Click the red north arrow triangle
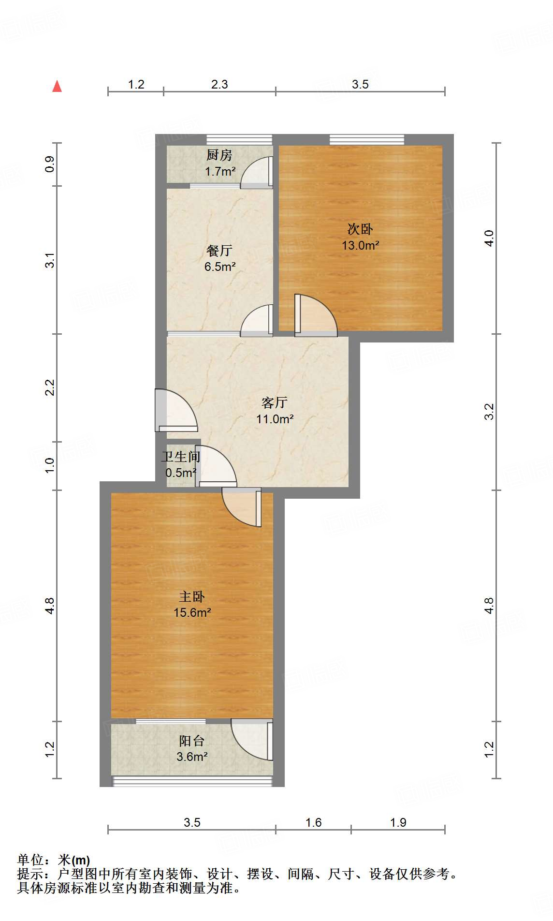[x=57, y=87]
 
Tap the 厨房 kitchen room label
[x=219, y=155]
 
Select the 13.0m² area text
[x=360, y=245]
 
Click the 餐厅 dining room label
[x=219, y=251]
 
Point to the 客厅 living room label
[x=275, y=402]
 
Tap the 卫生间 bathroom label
[x=181, y=457]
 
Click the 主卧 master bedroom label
[x=192, y=597]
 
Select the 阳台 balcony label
[x=192, y=741]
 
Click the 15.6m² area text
[x=192, y=613]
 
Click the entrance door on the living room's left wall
[x=175, y=410]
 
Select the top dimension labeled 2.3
[x=219, y=85]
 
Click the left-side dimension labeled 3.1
[x=50, y=260]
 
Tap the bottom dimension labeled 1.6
[x=313, y=822]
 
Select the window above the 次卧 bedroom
[x=367, y=139]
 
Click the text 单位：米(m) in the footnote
[x=54, y=860]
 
